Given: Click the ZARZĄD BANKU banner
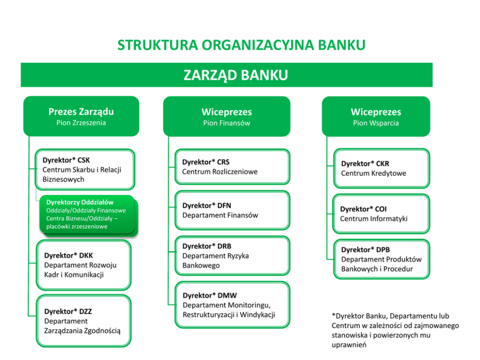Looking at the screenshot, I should click(226, 75).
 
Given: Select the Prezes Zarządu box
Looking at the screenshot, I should click(81, 116).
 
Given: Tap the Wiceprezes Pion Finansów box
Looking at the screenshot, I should click(226, 117).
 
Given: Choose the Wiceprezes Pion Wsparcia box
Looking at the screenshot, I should click(375, 117).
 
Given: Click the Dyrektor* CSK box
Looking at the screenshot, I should click(85, 169).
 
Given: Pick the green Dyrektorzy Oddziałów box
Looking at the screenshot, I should click(87, 214).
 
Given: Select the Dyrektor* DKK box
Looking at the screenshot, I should click(84, 265).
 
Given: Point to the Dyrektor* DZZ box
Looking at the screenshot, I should click(84, 321).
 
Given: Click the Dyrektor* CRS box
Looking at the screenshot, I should click(232, 167).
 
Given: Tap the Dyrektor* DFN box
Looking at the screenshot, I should click(232, 210).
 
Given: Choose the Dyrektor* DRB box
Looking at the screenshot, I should click(232, 255).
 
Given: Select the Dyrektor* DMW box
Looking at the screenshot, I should click(232, 305).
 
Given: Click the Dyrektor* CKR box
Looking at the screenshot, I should click(381, 168).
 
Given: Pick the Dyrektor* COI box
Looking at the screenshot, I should click(381, 213).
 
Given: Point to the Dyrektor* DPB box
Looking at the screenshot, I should click(381, 259).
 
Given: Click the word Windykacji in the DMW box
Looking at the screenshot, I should click(258, 315).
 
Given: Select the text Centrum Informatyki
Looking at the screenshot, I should click(374, 219).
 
